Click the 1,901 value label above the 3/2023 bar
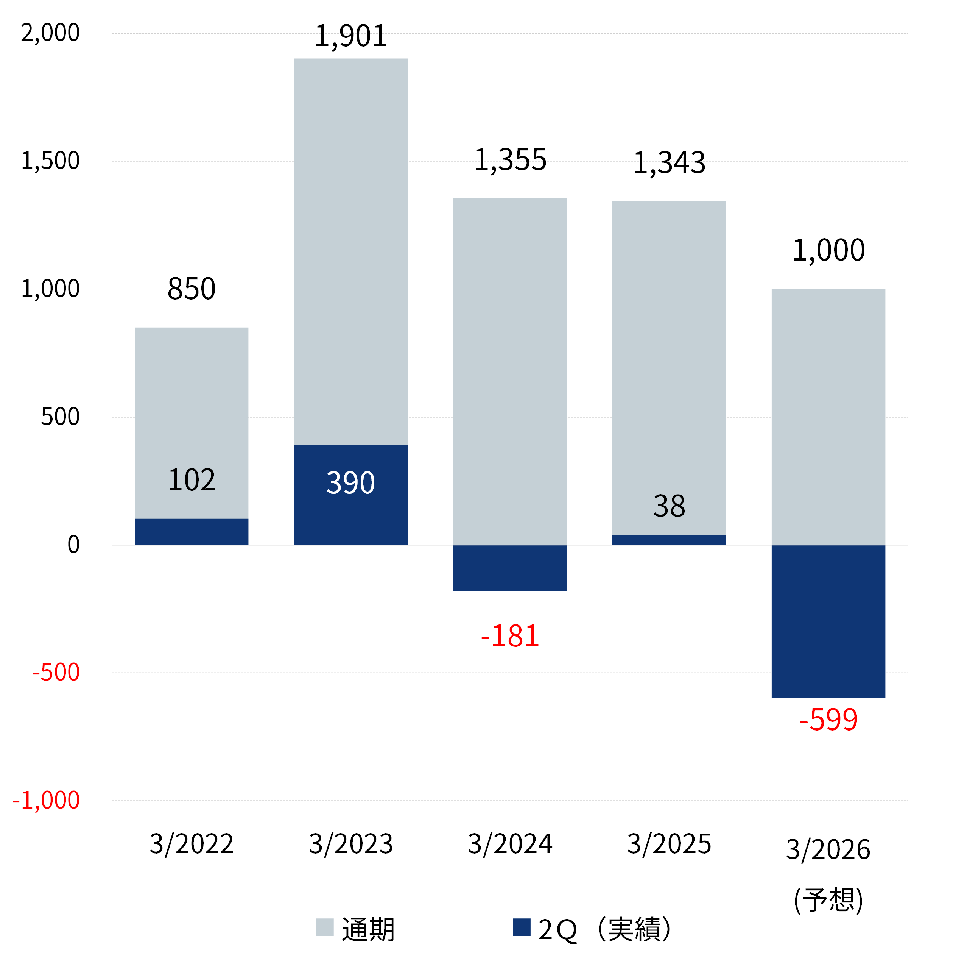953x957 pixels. pos(350,37)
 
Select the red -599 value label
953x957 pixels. pos(828,720)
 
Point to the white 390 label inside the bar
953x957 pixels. pos(350,483)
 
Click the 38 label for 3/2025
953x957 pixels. pos(669,506)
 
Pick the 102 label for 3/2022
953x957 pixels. pos(192,480)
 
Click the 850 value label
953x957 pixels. pos(192,289)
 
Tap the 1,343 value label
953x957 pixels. pos(669,163)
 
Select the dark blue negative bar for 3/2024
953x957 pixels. pos(509,568)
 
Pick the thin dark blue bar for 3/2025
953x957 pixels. pos(669,540)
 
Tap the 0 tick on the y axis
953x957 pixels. pos(73,545)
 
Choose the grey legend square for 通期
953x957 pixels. pos(324,927)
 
